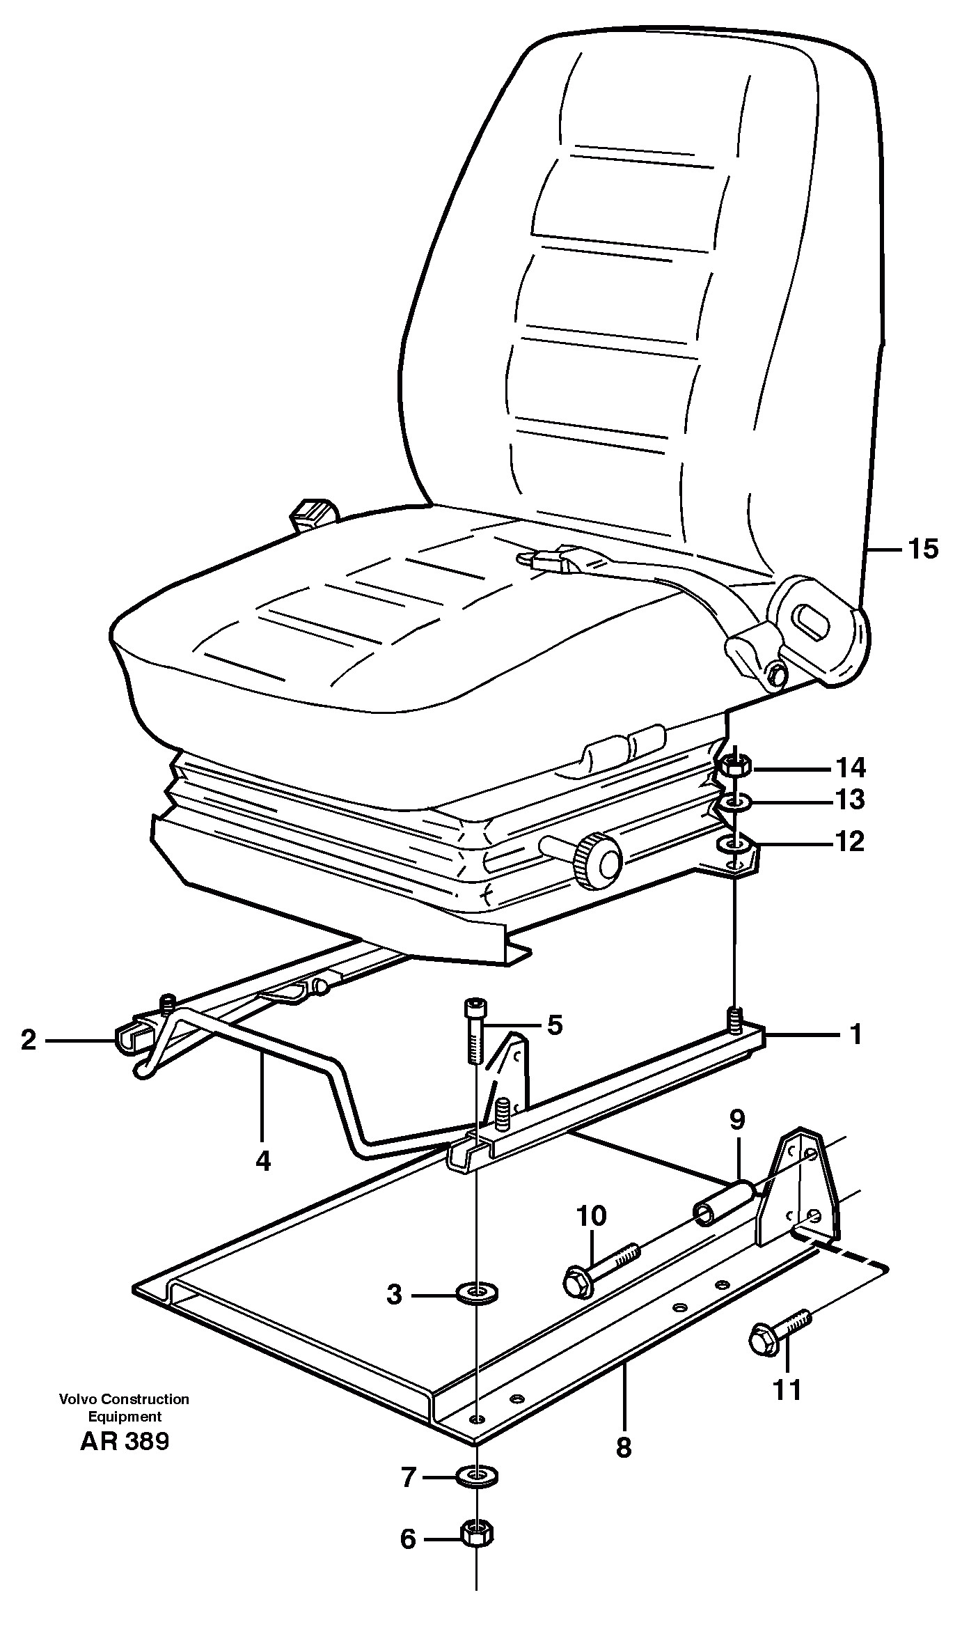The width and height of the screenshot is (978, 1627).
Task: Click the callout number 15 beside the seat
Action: [x=923, y=550]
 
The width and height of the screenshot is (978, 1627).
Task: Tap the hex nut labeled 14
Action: [x=732, y=768]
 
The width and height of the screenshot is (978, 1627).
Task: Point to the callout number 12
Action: [x=850, y=841]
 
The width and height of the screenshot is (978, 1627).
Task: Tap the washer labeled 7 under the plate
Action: [x=476, y=1475]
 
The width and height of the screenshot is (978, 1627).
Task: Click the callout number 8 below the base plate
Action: [x=623, y=1447]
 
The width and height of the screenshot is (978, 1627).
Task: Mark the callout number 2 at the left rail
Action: [x=29, y=1041]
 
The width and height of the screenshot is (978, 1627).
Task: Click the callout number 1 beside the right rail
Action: [x=856, y=1034]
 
